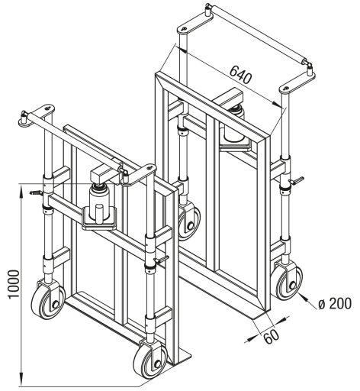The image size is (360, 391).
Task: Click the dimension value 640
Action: click(x=240, y=75)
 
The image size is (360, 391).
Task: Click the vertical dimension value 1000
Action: click(x=14, y=284)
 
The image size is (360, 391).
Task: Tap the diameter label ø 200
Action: click(x=335, y=303)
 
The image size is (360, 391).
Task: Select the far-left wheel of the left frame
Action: click(x=48, y=301)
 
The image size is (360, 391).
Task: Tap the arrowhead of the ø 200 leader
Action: click(x=302, y=296)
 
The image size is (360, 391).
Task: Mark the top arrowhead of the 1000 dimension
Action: click(x=21, y=188)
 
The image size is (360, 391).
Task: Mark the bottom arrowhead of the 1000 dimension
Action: click(x=21, y=382)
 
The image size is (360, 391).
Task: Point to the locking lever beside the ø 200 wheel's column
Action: click(x=297, y=180)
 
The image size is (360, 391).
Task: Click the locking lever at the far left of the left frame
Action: click(x=37, y=192)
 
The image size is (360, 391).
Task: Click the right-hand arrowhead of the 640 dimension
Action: click(x=277, y=104)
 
